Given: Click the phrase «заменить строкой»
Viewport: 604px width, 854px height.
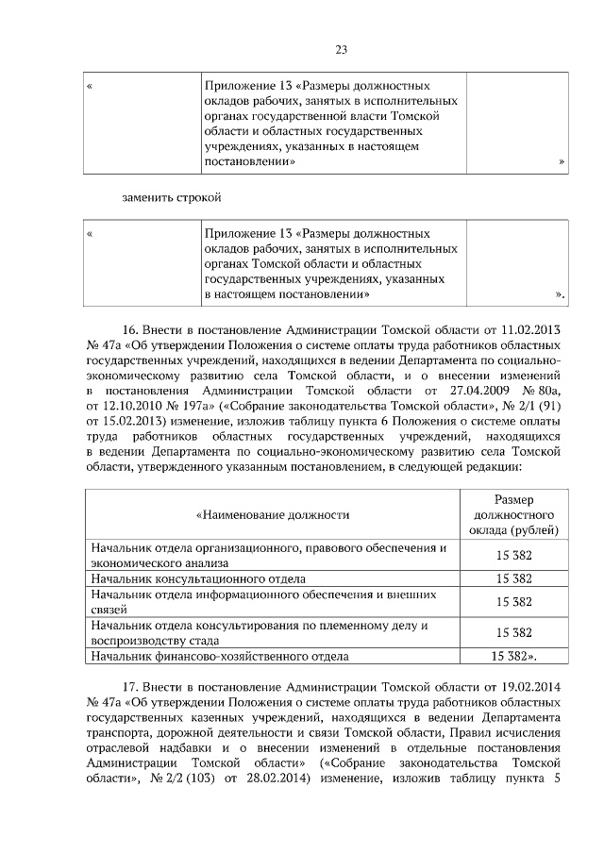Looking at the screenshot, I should click(171, 198).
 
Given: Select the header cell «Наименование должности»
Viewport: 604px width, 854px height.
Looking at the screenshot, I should click(273, 514).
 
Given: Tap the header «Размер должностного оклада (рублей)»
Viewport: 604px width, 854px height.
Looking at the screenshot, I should click(514, 514).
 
